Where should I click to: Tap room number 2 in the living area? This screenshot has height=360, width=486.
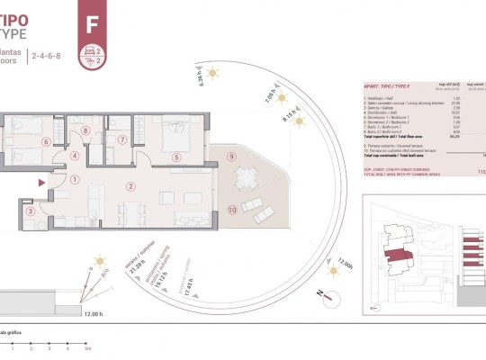click(131, 186)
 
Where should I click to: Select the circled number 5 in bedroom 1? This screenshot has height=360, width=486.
click(175, 157)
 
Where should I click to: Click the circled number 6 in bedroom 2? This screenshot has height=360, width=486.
click(46, 141)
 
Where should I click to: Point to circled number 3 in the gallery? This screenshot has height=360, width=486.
click(30, 212)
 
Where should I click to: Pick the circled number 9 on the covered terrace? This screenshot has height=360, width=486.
click(231, 157)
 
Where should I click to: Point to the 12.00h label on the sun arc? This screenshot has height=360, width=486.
click(344, 265)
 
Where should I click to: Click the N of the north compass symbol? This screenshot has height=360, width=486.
click(318, 292)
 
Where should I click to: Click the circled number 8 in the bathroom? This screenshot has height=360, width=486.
click(86, 131)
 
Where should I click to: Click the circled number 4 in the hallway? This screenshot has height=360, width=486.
click(75, 155)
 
